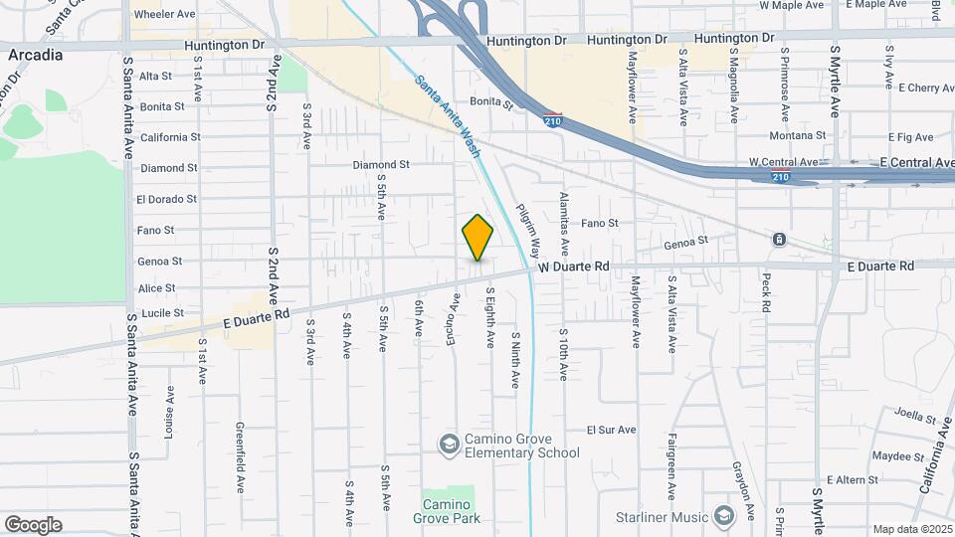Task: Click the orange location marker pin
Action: tap(477, 238)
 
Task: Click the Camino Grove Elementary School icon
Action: tap(450, 444)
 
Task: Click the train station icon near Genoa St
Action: tap(779, 240)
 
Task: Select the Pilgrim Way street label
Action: tap(528, 232)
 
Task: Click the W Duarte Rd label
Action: tap(574, 267)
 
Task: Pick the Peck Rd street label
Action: tap(767, 292)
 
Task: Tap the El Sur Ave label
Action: tap(611, 430)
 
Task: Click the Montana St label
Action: tap(797, 135)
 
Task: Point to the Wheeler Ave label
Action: tap(164, 15)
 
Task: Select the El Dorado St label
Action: tap(167, 199)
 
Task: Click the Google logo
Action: tap(33, 525)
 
